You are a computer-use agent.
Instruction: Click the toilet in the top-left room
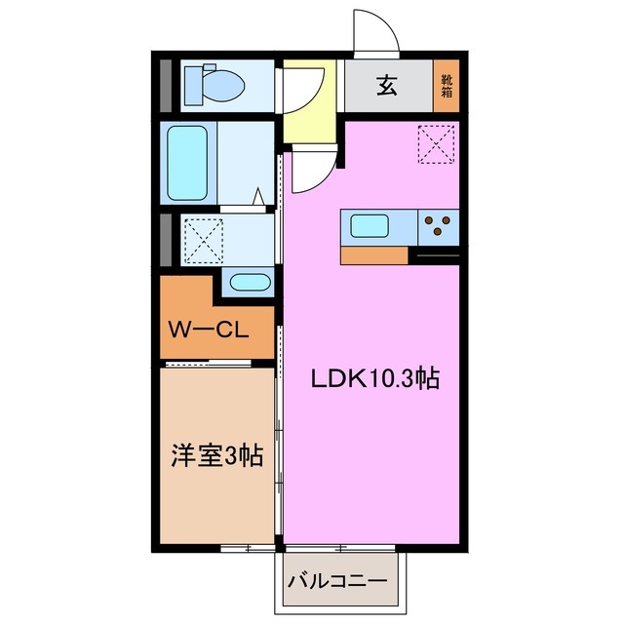coord(222,85)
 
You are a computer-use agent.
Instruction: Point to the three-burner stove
coord(439,227)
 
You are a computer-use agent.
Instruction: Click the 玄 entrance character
coord(386,86)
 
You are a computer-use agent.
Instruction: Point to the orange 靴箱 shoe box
coord(447,86)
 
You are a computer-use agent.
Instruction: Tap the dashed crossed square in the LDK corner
coord(434,144)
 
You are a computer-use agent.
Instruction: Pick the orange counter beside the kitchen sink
coord(373,255)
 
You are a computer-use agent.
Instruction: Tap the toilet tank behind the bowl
coord(192,85)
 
